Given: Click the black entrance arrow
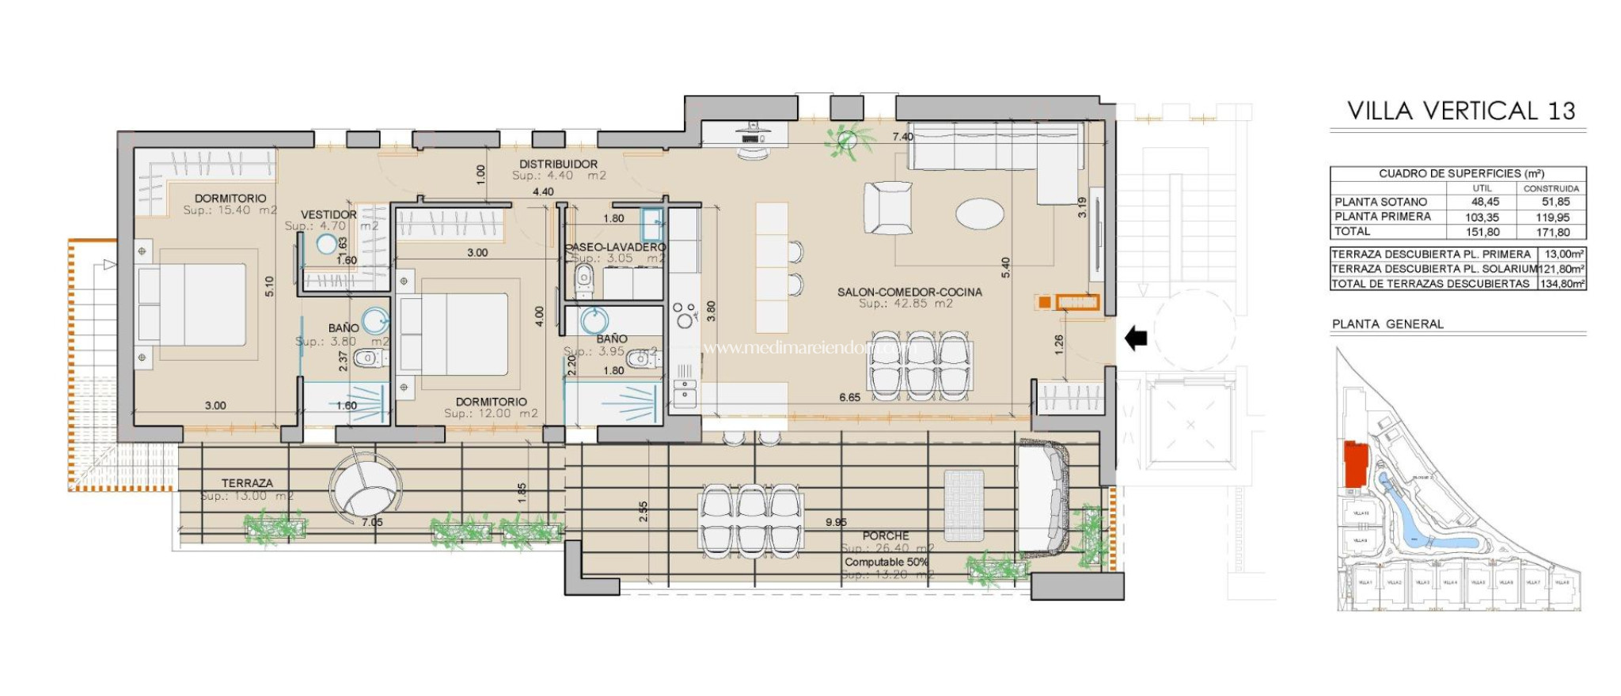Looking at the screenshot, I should pyautogui.click(x=1137, y=339).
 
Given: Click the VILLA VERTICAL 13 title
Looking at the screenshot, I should pyautogui.click(x=1460, y=111).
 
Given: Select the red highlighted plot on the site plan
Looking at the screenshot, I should pyautogui.click(x=1356, y=465).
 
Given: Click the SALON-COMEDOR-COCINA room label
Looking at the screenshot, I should pyautogui.click(x=909, y=292).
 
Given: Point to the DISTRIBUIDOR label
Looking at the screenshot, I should pyautogui.click(x=558, y=164).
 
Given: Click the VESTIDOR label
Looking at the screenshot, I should pyautogui.click(x=328, y=214).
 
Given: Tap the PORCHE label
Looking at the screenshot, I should pyautogui.click(x=886, y=535).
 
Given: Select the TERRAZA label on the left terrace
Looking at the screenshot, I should pyautogui.click(x=247, y=482).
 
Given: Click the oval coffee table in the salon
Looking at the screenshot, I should pyautogui.click(x=980, y=214).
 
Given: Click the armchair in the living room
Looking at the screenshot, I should pyautogui.click(x=887, y=208).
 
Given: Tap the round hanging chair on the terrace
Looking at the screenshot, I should pyautogui.click(x=365, y=484).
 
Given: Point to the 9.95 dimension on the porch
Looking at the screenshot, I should pyautogui.click(x=836, y=522).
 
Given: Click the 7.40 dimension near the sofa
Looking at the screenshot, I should pyautogui.click(x=902, y=137).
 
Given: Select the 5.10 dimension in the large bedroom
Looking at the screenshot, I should pyautogui.click(x=269, y=286).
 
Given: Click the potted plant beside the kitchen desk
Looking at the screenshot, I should pyautogui.click(x=848, y=141).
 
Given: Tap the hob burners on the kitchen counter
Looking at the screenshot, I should pyautogui.click(x=684, y=314).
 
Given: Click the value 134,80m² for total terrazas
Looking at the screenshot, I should pyautogui.click(x=1562, y=283).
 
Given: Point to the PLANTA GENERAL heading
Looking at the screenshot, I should pyautogui.click(x=1388, y=323).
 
